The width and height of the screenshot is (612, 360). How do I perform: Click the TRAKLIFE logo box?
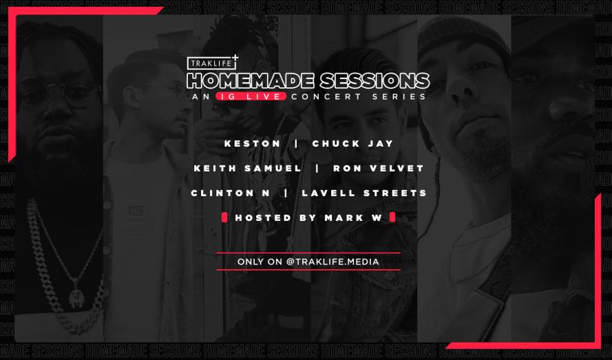(x=211, y=63)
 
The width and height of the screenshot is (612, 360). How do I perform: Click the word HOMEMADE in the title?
(x=251, y=81)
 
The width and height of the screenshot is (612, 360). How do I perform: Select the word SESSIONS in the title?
(x=374, y=81)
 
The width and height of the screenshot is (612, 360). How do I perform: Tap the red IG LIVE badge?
(x=251, y=96)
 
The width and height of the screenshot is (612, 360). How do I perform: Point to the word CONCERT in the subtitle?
(x=326, y=96)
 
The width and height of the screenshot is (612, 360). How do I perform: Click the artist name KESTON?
(x=253, y=144)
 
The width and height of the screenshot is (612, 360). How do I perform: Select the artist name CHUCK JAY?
(x=353, y=144)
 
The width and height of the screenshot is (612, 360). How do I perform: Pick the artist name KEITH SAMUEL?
(x=248, y=168)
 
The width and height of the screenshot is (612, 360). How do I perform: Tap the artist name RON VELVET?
(x=379, y=168)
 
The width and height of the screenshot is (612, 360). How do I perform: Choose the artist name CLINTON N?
(x=231, y=193)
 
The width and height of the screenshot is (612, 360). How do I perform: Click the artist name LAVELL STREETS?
(x=364, y=193)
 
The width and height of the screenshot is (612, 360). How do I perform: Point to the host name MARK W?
(x=353, y=218)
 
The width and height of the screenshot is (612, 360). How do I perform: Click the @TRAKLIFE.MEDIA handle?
(x=333, y=262)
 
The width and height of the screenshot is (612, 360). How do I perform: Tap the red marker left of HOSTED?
(x=224, y=218)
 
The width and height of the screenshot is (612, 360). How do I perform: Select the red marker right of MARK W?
(x=392, y=217)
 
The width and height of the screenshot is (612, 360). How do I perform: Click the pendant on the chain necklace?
(x=76, y=297)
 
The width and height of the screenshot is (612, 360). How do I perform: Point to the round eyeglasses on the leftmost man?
(x=59, y=92)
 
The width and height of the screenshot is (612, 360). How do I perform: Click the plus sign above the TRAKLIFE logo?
(x=235, y=58)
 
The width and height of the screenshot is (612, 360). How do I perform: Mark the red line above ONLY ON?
(x=308, y=253)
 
